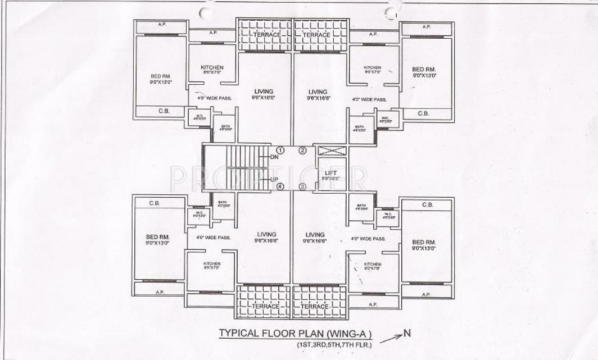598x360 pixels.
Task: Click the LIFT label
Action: (330, 174)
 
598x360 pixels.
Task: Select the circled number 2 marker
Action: (303, 150)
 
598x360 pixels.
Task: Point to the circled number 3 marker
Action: (303, 186)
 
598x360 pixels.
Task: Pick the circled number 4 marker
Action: (279, 186)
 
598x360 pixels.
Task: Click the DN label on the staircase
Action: (274, 157)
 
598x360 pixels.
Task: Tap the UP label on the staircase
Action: (274, 180)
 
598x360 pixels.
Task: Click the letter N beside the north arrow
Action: (407, 333)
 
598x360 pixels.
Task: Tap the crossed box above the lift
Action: (330, 150)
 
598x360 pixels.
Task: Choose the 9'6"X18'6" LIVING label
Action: (318, 95)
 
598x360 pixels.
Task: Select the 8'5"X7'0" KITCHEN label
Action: (212, 266)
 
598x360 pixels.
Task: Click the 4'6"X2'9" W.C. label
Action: (385, 120)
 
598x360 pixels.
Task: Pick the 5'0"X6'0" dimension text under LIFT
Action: (330, 179)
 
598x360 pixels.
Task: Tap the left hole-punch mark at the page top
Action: (206, 12)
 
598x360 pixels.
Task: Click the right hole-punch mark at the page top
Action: (391, 12)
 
